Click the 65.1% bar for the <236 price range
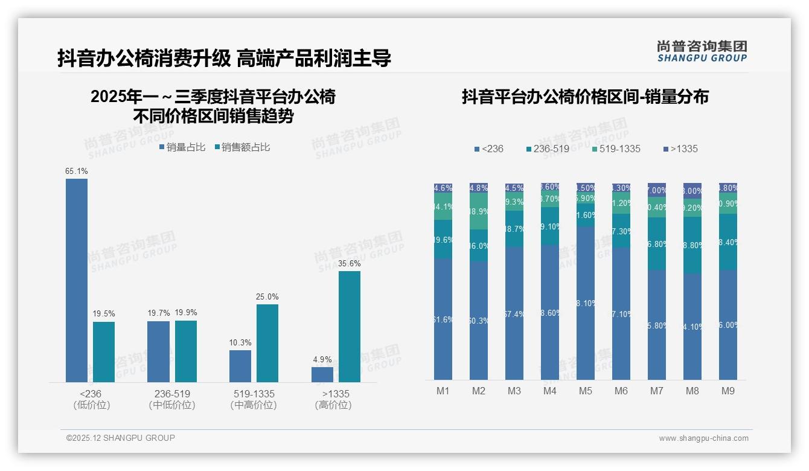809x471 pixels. (x=77, y=280)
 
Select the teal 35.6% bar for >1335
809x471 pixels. (x=349, y=327)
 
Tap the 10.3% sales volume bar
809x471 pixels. (x=240, y=366)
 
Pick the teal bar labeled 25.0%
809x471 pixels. (x=267, y=343)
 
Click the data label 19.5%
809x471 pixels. (x=104, y=314)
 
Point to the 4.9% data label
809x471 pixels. (x=322, y=360)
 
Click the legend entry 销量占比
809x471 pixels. (x=182, y=147)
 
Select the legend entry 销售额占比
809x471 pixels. (x=241, y=147)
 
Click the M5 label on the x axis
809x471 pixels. (x=586, y=391)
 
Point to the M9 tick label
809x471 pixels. (x=728, y=391)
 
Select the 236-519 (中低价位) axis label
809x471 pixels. (x=172, y=399)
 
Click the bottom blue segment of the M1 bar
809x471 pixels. (x=443, y=319)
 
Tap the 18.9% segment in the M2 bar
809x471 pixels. (x=479, y=211)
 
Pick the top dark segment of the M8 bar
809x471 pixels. (x=692, y=190)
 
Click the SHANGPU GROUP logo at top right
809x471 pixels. (x=702, y=51)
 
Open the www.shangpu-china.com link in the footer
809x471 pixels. (x=703, y=438)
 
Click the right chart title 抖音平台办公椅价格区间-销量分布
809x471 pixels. (x=585, y=97)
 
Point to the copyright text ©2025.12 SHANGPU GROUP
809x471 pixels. (x=121, y=438)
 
